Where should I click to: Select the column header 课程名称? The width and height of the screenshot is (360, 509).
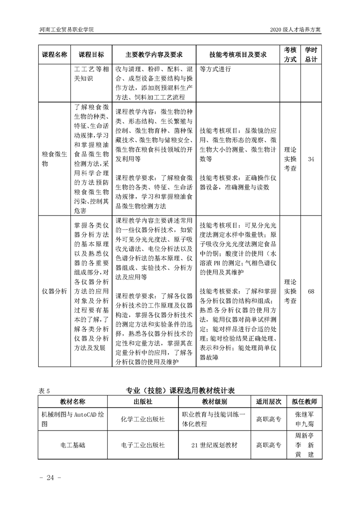pos(54,54)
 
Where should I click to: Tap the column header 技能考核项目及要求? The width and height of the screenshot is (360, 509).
pos(237,54)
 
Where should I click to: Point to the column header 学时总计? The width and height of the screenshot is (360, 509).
pos(311,54)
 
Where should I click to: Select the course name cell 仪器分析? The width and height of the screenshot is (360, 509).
pos(54,291)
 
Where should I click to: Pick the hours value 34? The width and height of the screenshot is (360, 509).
pos(311,159)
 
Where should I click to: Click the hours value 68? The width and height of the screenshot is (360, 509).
pos(311,291)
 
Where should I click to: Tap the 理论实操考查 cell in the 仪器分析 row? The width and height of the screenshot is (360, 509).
pos(290,291)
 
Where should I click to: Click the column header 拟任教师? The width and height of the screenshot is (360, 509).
pos(305,401)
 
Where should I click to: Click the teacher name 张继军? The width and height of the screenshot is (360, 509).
pos(305,414)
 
